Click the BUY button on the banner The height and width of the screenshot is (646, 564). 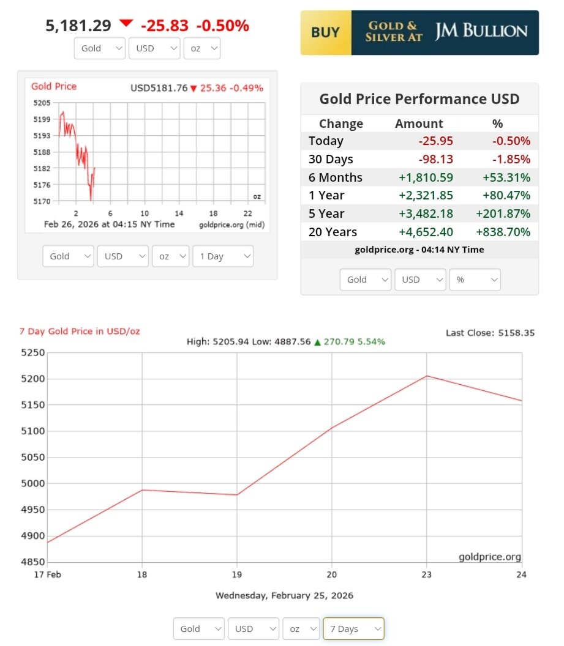click(x=325, y=32)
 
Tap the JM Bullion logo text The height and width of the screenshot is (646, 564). click(x=481, y=32)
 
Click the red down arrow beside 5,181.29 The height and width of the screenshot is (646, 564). click(x=126, y=23)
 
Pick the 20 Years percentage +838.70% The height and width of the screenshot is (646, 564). click(x=503, y=232)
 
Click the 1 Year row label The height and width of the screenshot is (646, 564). click(x=326, y=196)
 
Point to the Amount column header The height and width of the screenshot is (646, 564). click(x=419, y=124)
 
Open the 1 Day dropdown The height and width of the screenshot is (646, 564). click(x=222, y=256)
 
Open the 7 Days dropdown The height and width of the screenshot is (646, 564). click(x=353, y=629)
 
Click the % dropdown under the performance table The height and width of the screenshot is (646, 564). click(x=475, y=280)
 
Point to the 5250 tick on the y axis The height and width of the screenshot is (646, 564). click(x=32, y=353)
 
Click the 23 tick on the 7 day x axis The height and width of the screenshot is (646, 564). click(x=426, y=575)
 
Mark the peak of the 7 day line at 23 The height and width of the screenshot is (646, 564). click(x=427, y=376)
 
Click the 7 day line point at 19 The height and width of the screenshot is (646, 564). click(x=237, y=495)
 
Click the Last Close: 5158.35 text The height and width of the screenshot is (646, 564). click(x=490, y=333)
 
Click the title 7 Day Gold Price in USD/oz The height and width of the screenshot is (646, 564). click(x=80, y=332)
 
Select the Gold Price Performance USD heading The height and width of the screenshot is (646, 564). click(x=419, y=99)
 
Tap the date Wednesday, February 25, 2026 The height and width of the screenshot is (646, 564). click(x=284, y=595)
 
